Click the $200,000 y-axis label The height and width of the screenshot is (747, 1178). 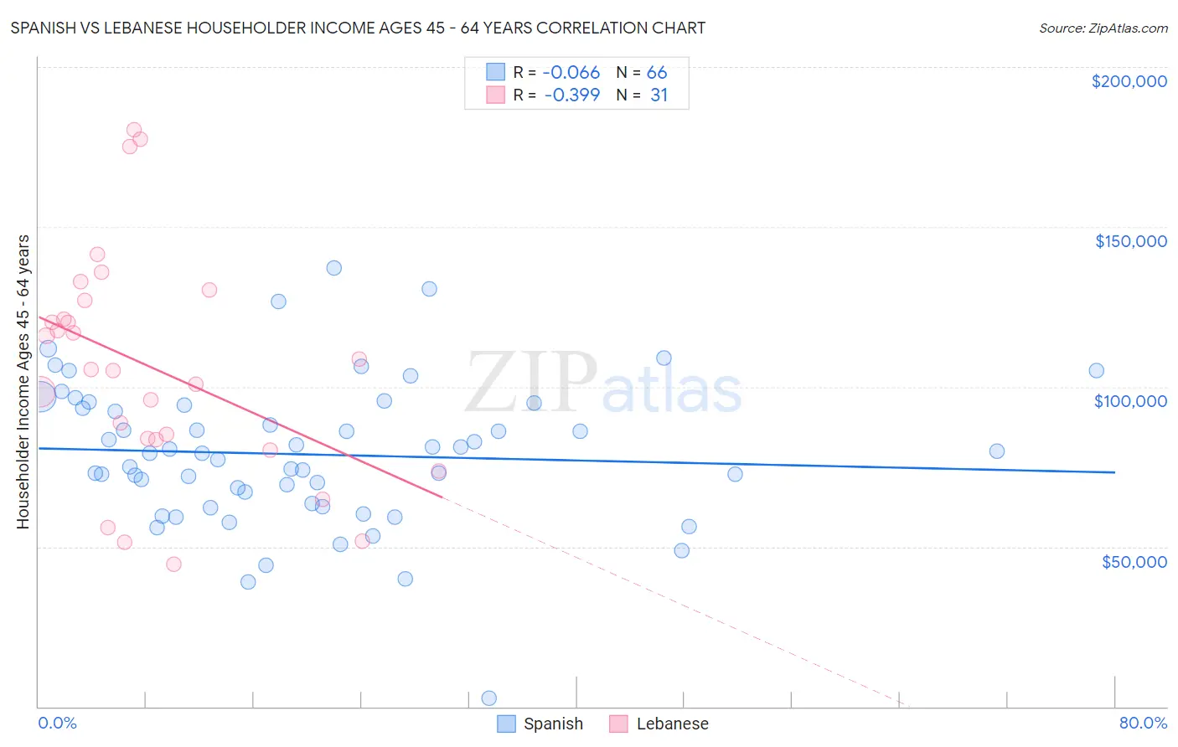tap(1129, 81)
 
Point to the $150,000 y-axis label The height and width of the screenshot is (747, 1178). tap(1130, 241)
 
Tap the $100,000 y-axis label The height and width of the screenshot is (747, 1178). tap(1130, 401)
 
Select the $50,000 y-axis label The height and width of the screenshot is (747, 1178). tap(1134, 561)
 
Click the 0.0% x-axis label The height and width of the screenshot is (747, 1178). tap(57, 723)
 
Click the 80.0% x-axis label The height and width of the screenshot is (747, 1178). tap(1143, 723)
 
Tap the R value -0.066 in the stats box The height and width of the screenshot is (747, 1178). tap(571, 73)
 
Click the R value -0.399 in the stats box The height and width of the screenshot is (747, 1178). tap(571, 95)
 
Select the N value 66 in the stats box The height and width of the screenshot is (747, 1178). tap(657, 73)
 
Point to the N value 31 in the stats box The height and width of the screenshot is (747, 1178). tap(659, 95)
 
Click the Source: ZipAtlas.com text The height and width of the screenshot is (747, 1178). tap(1103, 28)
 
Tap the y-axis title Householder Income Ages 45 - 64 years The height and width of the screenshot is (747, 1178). tap(23, 381)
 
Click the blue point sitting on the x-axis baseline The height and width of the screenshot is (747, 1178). tap(489, 698)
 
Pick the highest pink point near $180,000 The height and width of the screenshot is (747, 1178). tap(134, 130)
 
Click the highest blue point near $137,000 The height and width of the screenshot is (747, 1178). tap(333, 268)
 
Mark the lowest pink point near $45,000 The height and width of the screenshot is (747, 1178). tap(173, 564)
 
